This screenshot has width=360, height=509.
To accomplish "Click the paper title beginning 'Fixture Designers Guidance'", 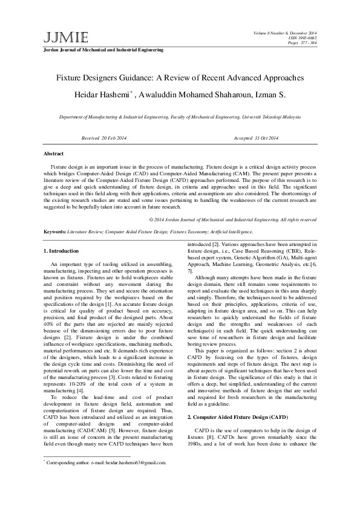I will tap(180, 79).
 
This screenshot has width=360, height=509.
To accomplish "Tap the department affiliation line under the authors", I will tap(180, 117).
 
